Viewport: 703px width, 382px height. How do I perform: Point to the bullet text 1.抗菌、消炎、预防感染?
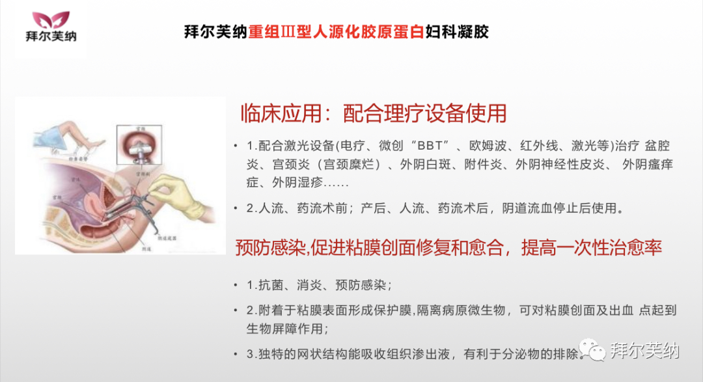[318, 285]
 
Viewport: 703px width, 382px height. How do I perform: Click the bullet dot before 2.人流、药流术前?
[236, 209]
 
